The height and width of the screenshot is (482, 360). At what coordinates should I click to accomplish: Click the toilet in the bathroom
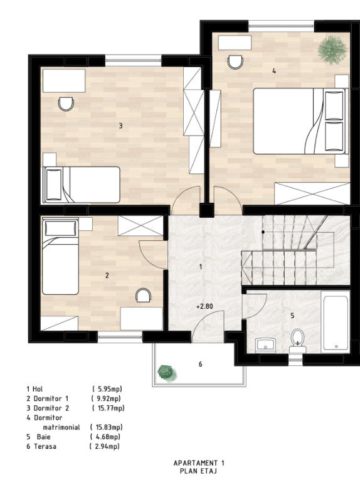point(297,341)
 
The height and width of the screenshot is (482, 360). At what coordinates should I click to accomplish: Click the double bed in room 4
point(300,121)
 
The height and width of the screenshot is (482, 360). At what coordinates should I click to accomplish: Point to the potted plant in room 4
point(332,50)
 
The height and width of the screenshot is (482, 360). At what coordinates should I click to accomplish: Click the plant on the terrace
point(166,372)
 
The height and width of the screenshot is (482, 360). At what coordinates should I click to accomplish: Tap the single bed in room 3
point(81,185)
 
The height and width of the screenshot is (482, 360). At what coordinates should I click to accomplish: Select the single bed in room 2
point(60,256)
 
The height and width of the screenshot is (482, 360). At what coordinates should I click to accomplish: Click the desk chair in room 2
point(143,295)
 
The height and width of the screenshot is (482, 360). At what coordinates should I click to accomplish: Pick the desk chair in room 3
point(66,104)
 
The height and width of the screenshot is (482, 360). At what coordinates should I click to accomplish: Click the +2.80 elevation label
point(204,306)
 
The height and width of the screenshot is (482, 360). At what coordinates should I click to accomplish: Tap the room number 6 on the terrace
point(200,364)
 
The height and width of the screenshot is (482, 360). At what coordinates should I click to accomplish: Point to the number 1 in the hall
point(201,267)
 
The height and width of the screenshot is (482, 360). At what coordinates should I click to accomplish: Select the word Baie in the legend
point(44,437)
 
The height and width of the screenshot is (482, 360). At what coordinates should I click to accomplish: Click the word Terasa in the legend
point(45,446)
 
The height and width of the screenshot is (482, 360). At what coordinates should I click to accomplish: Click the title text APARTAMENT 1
point(199,463)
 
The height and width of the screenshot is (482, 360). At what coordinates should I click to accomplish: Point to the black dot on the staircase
point(263,232)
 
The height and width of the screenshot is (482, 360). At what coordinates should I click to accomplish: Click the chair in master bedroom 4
point(236,62)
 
